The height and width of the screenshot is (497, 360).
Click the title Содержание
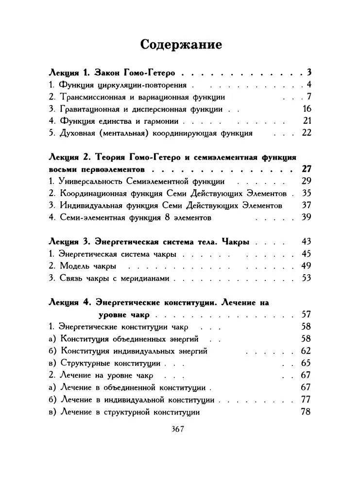[181, 45]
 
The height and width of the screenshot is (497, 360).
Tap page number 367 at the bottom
[180, 429]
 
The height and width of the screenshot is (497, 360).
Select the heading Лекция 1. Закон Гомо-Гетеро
[116, 73]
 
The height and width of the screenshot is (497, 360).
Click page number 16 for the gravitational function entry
[306, 109]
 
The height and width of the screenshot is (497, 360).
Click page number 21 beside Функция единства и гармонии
[306, 121]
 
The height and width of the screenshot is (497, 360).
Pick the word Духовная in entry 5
[76, 133]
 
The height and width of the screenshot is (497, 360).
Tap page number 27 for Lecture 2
[306, 169]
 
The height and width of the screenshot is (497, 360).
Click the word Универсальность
[90, 182]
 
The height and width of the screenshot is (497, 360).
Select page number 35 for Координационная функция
[306, 193]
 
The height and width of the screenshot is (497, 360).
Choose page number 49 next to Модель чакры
[306, 266]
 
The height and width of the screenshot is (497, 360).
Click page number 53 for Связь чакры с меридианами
[306, 278]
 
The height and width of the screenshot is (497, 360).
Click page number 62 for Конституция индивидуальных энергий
[306, 350]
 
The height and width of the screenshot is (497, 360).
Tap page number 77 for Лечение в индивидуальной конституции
[306, 399]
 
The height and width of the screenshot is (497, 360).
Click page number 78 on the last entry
[306, 412]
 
